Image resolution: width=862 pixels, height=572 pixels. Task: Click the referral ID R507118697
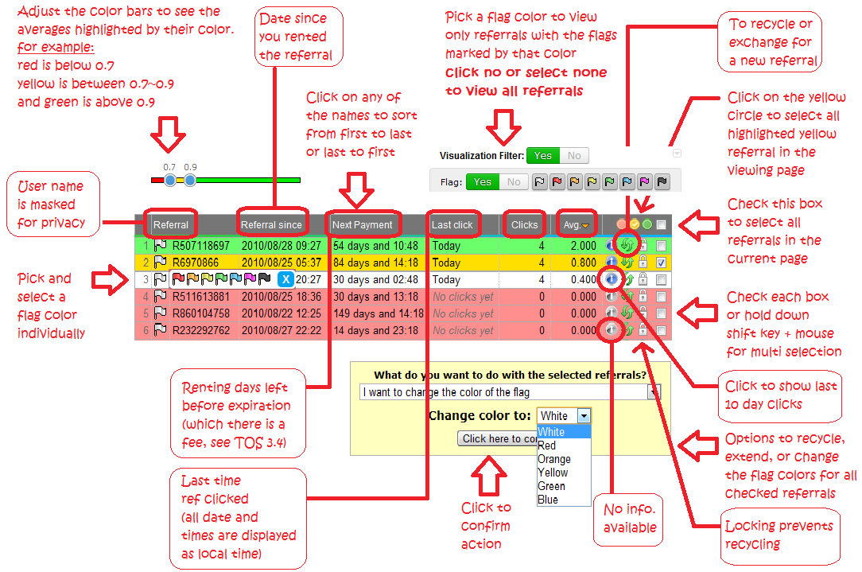pyautogui.click(x=200, y=246)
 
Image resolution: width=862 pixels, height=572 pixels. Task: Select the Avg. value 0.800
pyautogui.click(x=580, y=263)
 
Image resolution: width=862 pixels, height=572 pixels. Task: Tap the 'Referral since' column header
pyautogui.click(x=271, y=225)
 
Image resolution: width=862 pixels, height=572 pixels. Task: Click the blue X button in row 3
pyautogui.click(x=286, y=279)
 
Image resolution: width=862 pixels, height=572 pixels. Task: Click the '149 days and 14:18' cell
pyautogui.click(x=377, y=313)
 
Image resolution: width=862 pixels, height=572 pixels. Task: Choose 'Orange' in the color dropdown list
pyautogui.click(x=554, y=459)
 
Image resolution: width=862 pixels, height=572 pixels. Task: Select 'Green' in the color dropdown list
pyautogui.click(x=552, y=486)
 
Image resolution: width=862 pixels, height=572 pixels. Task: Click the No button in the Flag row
pyautogui.click(x=514, y=182)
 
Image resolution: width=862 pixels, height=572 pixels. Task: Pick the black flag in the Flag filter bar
pyautogui.click(x=662, y=182)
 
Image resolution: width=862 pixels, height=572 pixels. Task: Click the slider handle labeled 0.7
pyautogui.click(x=169, y=181)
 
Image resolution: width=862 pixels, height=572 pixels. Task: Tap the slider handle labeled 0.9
pyautogui.click(x=190, y=181)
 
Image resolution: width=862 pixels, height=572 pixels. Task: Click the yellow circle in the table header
pyautogui.click(x=635, y=225)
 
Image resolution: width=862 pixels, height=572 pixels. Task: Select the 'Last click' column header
pyautogui.click(x=452, y=225)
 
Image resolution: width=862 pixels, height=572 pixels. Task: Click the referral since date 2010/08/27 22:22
pyautogui.click(x=282, y=330)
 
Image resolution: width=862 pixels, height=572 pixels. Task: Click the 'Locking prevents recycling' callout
pyautogui.click(x=779, y=535)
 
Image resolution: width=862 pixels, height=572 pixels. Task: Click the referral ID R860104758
pyautogui.click(x=200, y=313)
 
